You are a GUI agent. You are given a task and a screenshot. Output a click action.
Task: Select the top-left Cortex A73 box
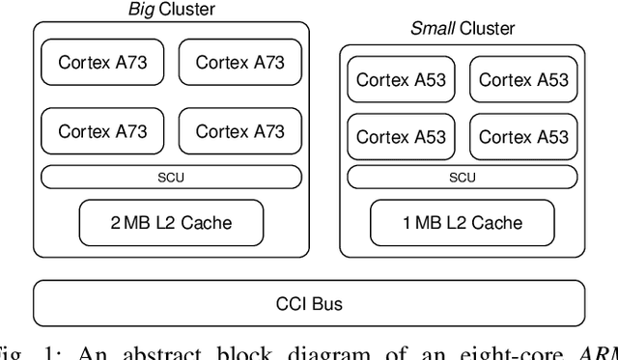102,63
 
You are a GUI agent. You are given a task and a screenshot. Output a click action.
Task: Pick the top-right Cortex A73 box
239,63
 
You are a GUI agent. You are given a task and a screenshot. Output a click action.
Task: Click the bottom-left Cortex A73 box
102,131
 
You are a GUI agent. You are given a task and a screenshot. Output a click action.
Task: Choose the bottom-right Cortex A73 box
239,131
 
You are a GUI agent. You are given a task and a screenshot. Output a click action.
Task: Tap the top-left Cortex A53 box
401,80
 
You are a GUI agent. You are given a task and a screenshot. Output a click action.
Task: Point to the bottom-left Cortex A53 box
401,137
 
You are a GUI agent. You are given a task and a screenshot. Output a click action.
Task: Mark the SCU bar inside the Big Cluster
171,177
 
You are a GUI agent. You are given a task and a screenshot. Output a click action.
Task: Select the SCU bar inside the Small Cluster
462,177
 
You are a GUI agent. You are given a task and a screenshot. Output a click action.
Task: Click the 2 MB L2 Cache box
171,223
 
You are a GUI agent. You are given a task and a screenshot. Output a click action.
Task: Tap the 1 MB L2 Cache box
462,223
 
